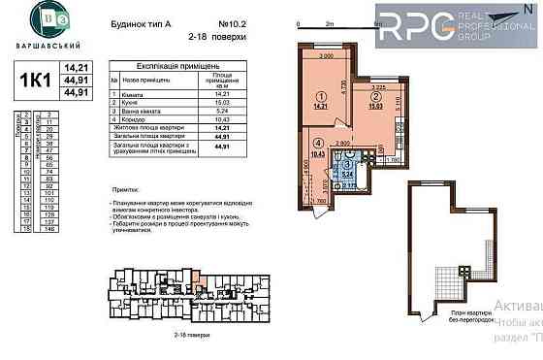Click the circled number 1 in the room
(x=321, y=96)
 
